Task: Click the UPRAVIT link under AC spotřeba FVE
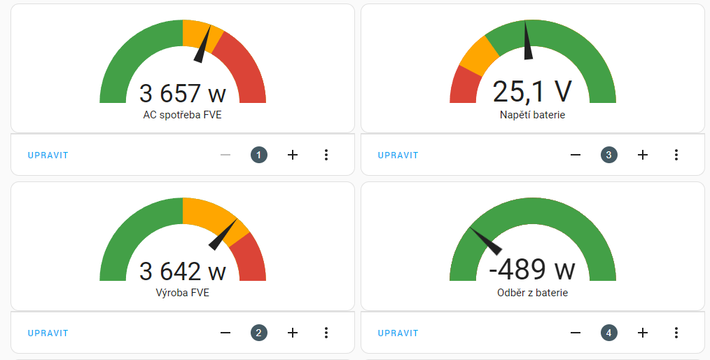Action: click(x=48, y=155)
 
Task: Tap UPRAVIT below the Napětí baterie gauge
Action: click(x=398, y=155)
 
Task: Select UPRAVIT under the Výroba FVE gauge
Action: click(x=48, y=333)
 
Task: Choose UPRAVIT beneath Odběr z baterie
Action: click(x=398, y=333)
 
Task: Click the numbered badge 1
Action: click(x=259, y=155)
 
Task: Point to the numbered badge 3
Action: click(x=609, y=155)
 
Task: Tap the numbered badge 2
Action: click(x=259, y=333)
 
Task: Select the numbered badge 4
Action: click(x=609, y=333)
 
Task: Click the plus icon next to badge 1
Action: click(x=293, y=155)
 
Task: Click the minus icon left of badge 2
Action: click(x=225, y=333)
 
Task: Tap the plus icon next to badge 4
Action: click(x=643, y=333)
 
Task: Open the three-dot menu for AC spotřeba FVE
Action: click(x=326, y=155)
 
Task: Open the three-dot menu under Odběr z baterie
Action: click(x=676, y=333)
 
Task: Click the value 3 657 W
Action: click(x=182, y=93)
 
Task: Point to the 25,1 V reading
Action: click(x=532, y=92)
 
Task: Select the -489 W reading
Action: click(x=532, y=270)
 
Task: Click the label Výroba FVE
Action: click(x=182, y=293)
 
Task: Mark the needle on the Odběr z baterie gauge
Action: click(x=486, y=240)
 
